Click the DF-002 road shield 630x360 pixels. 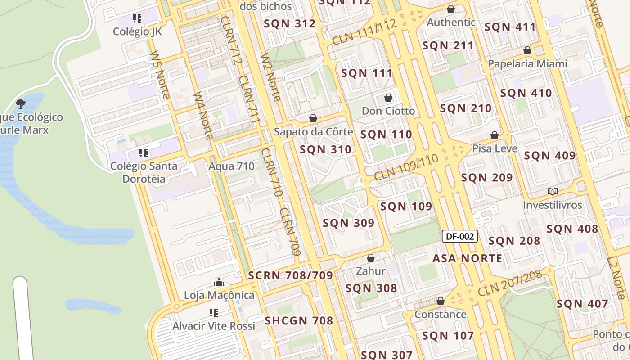tap(459, 236)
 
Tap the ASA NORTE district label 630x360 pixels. tap(467, 258)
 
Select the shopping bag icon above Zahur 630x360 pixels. tap(371, 258)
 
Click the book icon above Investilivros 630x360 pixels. tap(553, 192)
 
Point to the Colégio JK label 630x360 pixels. tap(137, 31)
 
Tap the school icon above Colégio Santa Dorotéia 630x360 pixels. tap(144, 153)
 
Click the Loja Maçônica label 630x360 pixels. tap(219, 295)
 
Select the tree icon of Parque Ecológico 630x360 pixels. tap(21, 104)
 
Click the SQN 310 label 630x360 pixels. tap(325, 150)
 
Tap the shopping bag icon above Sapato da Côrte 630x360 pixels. tap(313, 119)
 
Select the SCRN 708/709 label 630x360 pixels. tap(290, 275)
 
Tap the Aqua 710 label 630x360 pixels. tap(231, 166)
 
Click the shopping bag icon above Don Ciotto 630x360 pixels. tap(388, 98)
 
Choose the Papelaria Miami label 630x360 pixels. tap(527, 64)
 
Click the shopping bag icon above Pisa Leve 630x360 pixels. tap(495, 135)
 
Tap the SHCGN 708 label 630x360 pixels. tap(299, 321)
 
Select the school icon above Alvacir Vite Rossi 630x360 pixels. tap(214, 313)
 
